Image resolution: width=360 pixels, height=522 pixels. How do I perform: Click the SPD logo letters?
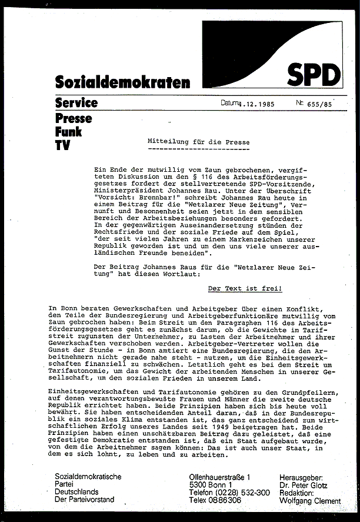pos(314,75)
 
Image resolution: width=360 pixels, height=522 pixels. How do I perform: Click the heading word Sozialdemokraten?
pos(122,83)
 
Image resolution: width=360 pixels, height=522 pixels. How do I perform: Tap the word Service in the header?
pos(76,103)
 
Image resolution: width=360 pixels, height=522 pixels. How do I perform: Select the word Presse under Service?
pos(74,118)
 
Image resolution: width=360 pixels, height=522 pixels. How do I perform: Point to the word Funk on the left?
pos(68,131)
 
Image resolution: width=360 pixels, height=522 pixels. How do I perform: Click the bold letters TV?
pos(62,145)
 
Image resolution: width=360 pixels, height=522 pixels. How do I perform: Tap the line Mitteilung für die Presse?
pos(198,142)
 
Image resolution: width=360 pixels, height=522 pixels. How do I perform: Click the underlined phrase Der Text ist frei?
pos(245,289)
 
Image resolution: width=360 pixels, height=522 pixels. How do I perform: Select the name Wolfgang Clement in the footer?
pos(310,501)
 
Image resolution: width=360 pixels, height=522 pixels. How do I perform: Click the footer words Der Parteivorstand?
pos(85,500)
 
